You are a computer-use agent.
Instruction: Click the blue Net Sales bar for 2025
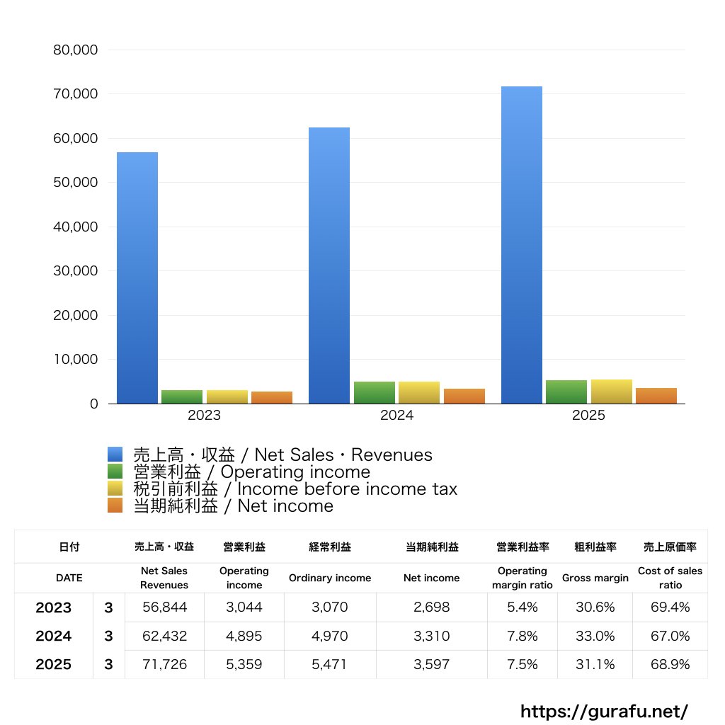coord(522,245)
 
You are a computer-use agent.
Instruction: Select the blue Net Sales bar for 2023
coord(137,278)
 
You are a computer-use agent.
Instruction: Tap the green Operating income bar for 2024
coord(375,392)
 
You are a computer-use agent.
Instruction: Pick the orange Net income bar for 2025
coord(656,396)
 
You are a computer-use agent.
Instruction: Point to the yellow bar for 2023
coord(227,396)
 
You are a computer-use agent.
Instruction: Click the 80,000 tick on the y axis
coord(75,50)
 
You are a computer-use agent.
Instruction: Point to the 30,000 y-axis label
coord(75,271)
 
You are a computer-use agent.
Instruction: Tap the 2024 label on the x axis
coord(396,416)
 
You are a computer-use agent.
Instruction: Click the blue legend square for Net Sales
coord(115,455)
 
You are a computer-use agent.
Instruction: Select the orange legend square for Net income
coord(115,506)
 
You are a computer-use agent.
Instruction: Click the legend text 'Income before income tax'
coord(347,489)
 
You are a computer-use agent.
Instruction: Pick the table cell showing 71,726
coord(164,664)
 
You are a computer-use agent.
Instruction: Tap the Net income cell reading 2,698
coord(431,607)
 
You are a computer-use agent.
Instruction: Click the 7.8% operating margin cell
coord(523,636)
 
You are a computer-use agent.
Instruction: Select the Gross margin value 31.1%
coord(595,664)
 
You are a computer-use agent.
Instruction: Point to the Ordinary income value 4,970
coord(329,636)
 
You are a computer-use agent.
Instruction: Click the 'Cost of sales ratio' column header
coord(670,578)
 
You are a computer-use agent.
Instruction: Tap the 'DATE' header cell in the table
coord(69,578)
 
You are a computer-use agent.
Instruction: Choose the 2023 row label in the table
coord(54,607)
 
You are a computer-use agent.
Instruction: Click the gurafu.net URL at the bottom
coord(604,711)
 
